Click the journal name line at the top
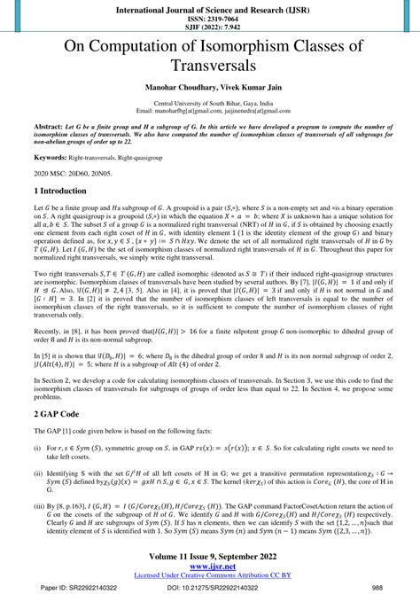209,6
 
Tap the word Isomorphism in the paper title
245,45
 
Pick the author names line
210,90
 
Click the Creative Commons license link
210,576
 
